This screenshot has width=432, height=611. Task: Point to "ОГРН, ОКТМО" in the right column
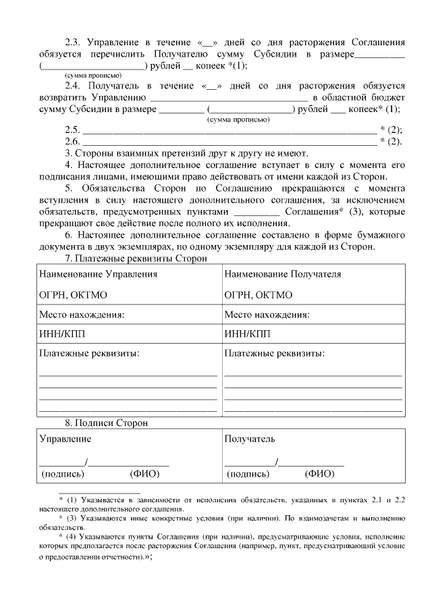tap(258, 295)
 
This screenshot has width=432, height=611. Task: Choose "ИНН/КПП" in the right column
tap(248, 334)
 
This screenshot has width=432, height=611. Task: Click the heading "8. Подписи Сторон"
tap(106, 423)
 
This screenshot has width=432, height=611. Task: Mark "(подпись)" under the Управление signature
tap(63, 474)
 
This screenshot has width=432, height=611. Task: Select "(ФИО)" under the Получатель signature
tap(319, 474)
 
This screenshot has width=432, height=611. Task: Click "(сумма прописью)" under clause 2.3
tap(92, 76)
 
